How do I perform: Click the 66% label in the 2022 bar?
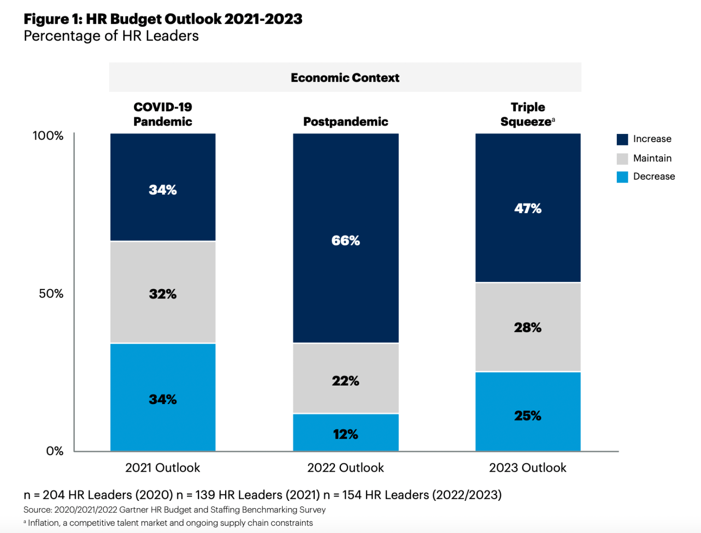tap(345, 240)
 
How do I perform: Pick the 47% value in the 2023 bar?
tap(528, 208)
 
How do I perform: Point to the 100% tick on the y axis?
tap(48, 136)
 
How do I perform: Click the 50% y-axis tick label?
tap(51, 294)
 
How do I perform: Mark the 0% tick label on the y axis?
tap(55, 451)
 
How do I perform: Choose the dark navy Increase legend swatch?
tap(622, 139)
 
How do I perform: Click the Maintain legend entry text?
tap(652, 158)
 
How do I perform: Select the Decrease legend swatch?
tap(622, 177)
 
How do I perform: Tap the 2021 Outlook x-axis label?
tap(162, 468)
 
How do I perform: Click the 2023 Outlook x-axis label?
tap(528, 468)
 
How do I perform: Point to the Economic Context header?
tap(345, 78)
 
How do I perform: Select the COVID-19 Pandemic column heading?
tap(163, 114)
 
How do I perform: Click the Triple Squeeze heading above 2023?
tap(528, 114)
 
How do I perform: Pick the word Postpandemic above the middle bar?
tap(345, 122)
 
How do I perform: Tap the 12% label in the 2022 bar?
tap(345, 434)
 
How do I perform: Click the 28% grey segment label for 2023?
tap(528, 328)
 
